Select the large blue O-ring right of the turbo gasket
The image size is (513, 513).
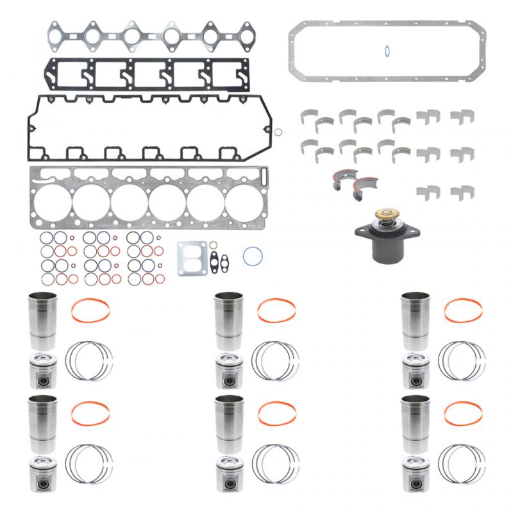pyautogui.click(x=253, y=255)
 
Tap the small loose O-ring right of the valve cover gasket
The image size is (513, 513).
pyautogui.click(x=279, y=133)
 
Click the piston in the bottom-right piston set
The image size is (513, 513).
pyautogui.click(x=416, y=473)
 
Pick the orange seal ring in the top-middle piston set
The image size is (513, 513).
pyautogui.click(x=276, y=310)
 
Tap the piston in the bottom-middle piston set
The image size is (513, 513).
pyautogui.click(x=228, y=473)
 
